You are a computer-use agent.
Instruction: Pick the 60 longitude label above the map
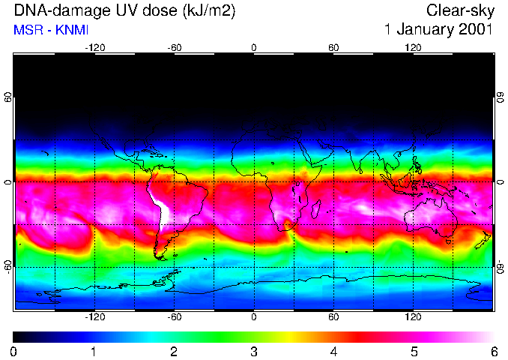(x=333, y=47)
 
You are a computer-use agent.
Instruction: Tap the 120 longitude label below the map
(x=412, y=317)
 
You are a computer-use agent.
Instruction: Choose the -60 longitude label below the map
(x=174, y=317)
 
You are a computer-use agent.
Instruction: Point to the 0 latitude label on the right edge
(x=501, y=181)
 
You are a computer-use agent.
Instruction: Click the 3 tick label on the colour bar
(x=253, y=352)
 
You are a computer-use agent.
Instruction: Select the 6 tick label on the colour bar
(x=493, y=352)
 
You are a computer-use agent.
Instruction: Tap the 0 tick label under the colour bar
(x=14, y=352)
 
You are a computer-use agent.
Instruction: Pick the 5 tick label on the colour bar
(x=413, y=352)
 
